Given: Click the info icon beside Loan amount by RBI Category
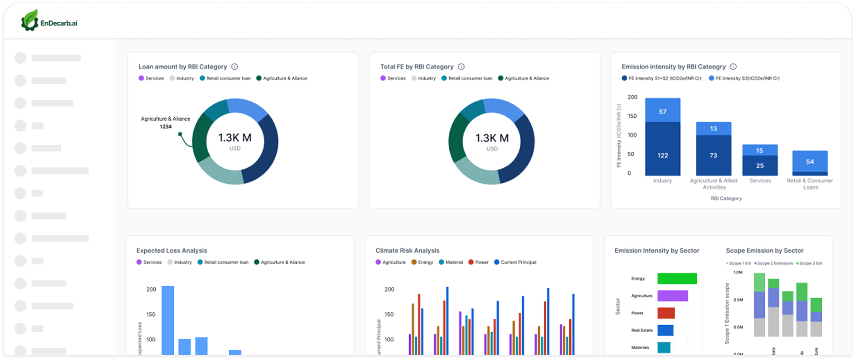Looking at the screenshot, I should coord(234,67).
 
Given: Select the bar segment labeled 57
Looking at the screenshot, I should coord(662,111).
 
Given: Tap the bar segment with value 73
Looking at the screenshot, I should coord(713,155).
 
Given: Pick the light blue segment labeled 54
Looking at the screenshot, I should coord(810,161).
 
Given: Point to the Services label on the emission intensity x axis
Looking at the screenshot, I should coord(760,180).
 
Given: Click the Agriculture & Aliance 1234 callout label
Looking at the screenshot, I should coord(165,123).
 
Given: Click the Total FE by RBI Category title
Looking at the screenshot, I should coord(417,67).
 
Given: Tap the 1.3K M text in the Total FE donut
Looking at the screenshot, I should coord(492,138).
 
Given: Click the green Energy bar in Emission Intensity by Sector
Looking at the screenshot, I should coord(677,278).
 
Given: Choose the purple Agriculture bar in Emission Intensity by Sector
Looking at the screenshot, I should coord(673,296).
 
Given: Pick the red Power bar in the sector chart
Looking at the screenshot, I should coord(666,313).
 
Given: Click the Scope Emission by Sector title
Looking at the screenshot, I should coord(764,250).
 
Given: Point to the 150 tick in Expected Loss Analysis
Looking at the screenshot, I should coord(151,314).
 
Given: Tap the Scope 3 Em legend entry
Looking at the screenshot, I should coord(811,263).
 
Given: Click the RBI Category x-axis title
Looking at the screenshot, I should coord(726,198).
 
